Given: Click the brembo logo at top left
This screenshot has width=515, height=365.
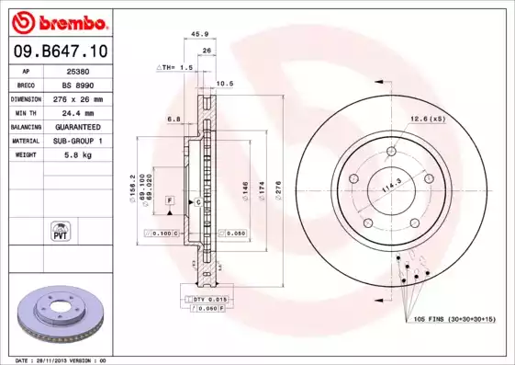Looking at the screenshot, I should [x=58, y=21].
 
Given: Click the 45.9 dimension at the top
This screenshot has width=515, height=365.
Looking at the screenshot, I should [x=195, y=34].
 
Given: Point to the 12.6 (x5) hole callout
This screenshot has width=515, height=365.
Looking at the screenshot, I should [x=428, y=119].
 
